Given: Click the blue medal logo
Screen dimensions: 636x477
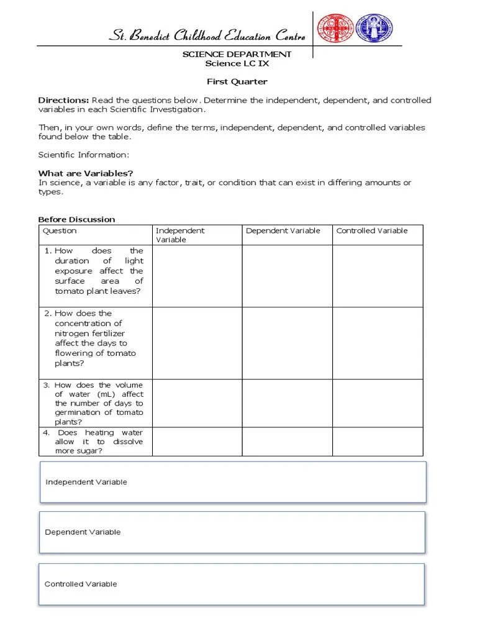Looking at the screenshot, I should click(x=374, y=29).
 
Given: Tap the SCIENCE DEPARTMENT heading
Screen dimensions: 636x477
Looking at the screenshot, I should click(x=237, y=54).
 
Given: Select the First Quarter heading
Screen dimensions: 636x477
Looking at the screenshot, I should click(x=237, y=81).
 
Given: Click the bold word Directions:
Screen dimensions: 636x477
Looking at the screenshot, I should click(x=63, y=100).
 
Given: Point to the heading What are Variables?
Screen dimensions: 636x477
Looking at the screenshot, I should click(x=86, y=173).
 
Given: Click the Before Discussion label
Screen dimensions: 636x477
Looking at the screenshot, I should click(x=76, y=219).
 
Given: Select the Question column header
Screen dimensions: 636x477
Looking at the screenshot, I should click(x=60, y=230).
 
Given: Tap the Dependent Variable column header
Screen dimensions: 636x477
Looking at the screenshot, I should click(x=283, y=230).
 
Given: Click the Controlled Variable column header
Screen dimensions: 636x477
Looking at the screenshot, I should click(x=372, y=230).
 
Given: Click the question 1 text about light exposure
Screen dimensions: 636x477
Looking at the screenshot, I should click(x=98, y=271).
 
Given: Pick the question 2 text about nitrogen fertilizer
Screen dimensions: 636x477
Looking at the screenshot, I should click(x=94, y=338).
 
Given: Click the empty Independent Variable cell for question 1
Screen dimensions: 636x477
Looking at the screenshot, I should click(x=197, y=276).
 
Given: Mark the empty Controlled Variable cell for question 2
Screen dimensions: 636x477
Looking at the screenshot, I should click(x=378, y=343).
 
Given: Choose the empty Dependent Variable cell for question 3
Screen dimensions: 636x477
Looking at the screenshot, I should click(x=287, y=403).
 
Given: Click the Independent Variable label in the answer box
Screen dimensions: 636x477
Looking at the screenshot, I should click(x=86, y=482).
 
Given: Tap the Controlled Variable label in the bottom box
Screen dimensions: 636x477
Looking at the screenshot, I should click(x=81, y=584).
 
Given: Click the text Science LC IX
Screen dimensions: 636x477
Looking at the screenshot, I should click(x=237, y=63).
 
